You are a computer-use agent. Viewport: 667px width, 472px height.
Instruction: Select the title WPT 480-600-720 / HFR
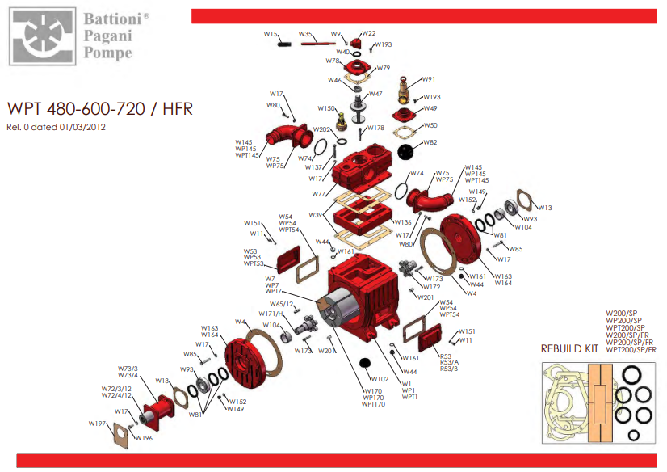[99, 109]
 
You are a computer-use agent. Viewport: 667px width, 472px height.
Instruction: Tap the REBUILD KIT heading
[570, 349]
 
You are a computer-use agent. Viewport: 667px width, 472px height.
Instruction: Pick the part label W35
[305, 34]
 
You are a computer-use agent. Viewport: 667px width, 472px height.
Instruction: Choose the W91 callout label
[428, 79]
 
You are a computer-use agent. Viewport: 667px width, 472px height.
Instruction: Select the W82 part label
[430, 142]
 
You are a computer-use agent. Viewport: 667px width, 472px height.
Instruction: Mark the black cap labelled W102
[363, 361]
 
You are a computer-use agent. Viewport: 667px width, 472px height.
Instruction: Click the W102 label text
[380, 378]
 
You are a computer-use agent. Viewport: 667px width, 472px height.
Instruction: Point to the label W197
[97, 423]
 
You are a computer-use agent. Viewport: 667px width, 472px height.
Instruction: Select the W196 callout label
[144, 438]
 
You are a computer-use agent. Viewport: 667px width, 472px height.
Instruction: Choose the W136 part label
[403, 222]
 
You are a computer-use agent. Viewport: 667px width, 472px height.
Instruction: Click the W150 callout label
[325, 108]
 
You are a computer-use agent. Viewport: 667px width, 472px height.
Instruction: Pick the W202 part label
[321, 129]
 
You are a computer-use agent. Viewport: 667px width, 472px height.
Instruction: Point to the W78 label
[333, 61]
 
